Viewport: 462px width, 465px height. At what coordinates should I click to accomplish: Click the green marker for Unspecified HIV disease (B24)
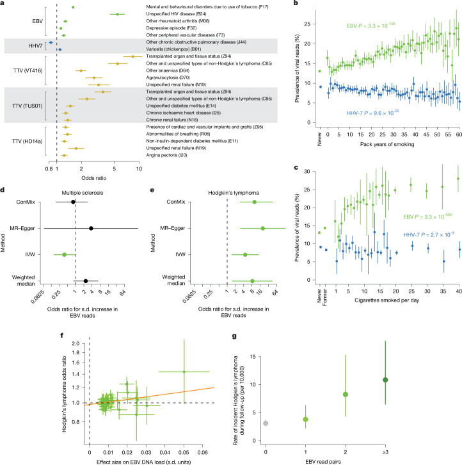tap(117, 14)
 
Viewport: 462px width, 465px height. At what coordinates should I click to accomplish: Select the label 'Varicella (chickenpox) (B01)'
tap(173, 49)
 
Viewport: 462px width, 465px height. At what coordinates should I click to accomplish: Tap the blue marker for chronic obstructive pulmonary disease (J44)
tap(51, 43)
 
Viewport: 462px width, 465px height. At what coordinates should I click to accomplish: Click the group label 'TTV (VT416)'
tap(28, 70)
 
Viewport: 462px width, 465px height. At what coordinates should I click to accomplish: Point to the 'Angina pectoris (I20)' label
tap(166, 155)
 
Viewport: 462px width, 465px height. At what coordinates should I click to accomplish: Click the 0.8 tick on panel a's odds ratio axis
tap(49, 169)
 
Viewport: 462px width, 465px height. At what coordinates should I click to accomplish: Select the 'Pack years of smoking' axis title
tap(387, 144)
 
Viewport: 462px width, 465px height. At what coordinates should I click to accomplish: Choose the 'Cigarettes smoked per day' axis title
tap(386, 300)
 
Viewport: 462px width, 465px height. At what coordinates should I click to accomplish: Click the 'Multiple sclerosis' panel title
tap(83, 193)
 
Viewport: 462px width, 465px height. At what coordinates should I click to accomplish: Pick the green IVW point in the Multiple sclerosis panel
tap(64, 254)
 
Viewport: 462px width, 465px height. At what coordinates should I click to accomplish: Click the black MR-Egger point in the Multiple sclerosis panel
tap(91, 228)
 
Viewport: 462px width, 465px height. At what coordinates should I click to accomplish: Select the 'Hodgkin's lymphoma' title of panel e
tap(234, 193)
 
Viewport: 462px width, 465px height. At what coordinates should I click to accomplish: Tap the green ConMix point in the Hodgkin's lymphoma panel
tap(254, 202)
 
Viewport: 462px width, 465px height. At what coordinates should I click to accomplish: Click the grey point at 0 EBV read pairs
tap(266, 423)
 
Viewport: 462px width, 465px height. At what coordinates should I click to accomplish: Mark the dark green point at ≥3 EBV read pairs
tap(385, 380)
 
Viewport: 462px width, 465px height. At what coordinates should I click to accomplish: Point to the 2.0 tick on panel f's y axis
tap(76, 343)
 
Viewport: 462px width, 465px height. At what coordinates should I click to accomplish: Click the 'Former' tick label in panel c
tap(325, 297)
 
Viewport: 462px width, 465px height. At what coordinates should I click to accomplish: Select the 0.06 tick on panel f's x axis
tap(202, 452)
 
